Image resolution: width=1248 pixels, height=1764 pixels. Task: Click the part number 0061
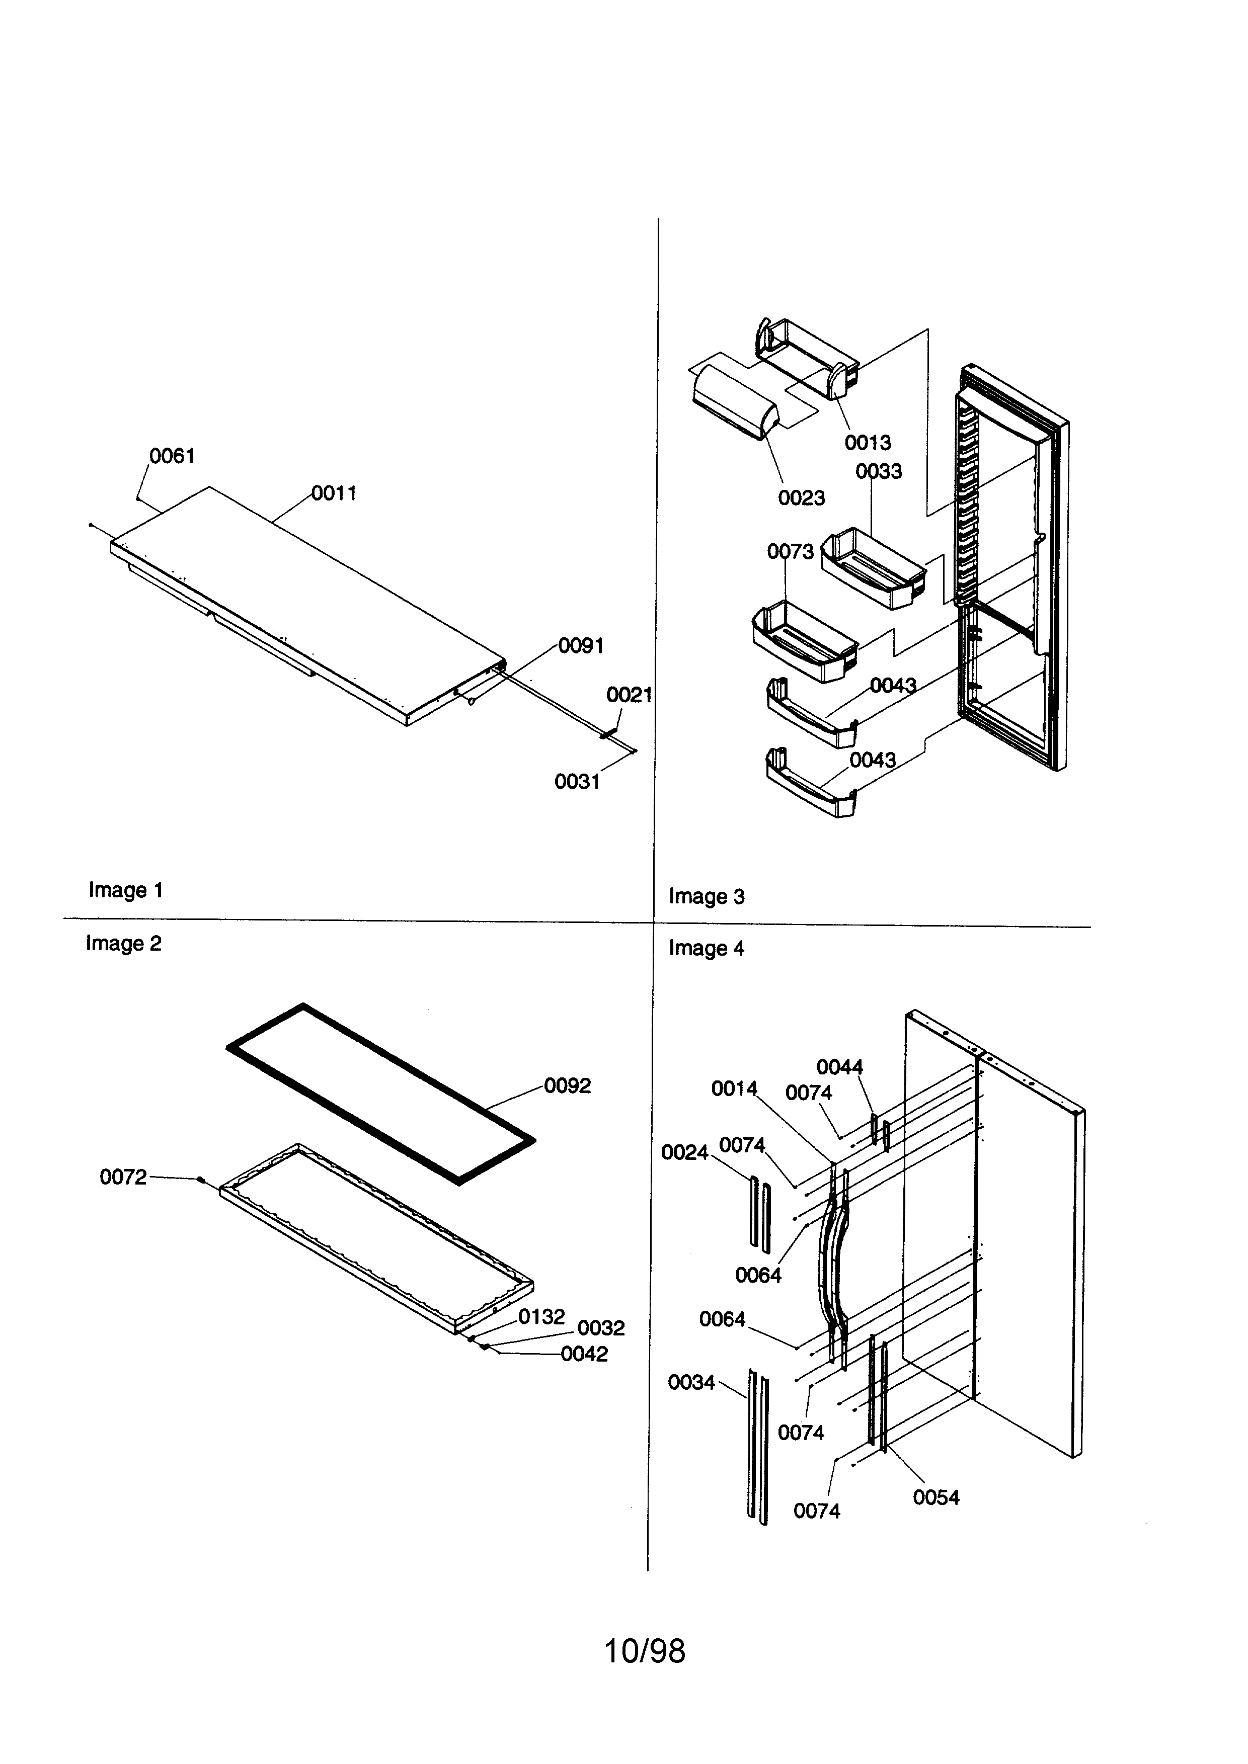[172, 456]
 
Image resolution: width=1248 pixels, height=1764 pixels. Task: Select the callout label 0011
[334, 493]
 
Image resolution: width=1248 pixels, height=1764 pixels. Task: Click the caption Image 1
[125, 890]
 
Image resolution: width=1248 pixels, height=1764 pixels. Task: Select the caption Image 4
[706, 948]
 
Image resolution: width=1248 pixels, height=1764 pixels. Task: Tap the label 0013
[868, 443]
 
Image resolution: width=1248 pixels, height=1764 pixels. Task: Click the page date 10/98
[644, 1650]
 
